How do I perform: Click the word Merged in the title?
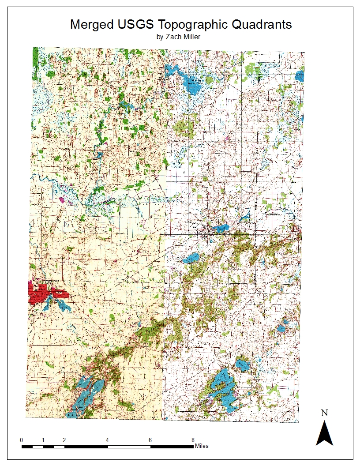92,24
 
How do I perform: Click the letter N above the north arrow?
324,413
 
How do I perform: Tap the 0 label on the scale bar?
22,440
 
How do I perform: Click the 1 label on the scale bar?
43,440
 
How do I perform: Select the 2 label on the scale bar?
64,440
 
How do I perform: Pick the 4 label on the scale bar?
108,440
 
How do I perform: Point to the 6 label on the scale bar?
150,440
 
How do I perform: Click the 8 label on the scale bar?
193,440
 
